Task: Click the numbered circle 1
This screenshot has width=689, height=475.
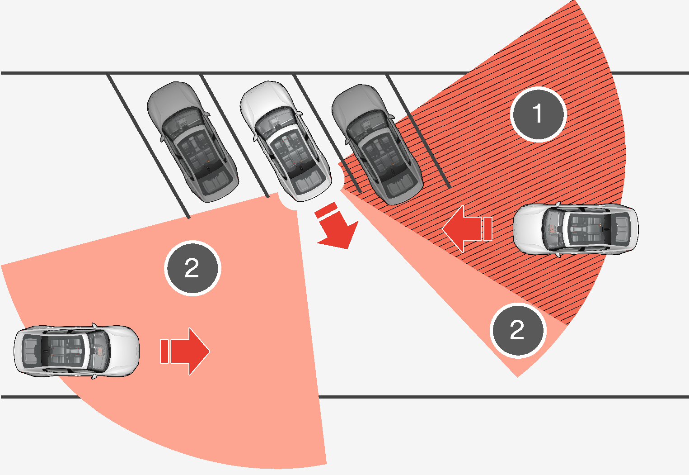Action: coord(538,114)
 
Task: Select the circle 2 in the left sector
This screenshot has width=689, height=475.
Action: coord(192,268)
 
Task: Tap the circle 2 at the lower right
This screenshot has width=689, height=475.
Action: coord(518,330)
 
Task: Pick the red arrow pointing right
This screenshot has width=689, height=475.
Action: coord(190,351)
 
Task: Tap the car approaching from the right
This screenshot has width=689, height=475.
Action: coord(576,228)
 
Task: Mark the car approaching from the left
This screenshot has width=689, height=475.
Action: coord(76,351)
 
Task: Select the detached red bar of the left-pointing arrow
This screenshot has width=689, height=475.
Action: coord(487,229)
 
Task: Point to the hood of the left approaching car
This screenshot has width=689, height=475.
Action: coord(122,351)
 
